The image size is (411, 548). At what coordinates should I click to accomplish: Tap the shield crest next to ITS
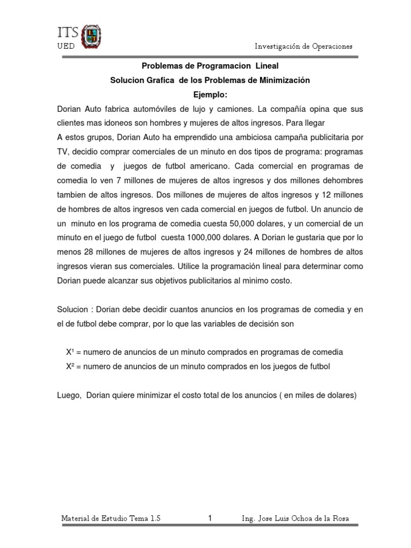coord(90,36)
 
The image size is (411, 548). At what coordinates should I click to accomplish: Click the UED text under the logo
coord(66,46)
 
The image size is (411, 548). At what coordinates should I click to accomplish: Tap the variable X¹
coord(70,352)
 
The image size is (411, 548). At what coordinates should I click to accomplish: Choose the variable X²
coord(70,366)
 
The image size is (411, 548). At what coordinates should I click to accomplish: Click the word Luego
coord(67,395)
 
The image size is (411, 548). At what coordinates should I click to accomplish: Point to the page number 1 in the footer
coord(210,518)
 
